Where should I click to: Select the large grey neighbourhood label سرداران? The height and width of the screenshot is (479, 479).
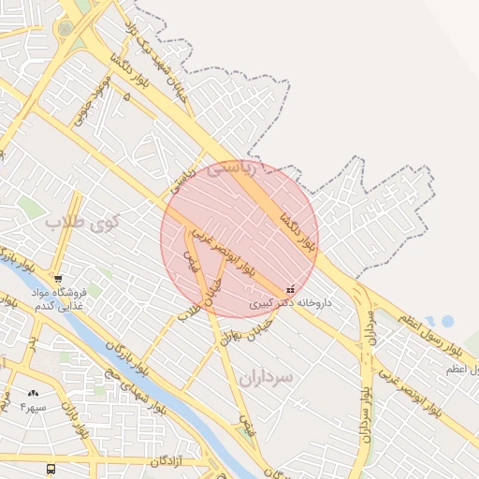266,376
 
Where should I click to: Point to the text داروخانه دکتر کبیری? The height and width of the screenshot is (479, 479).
291,304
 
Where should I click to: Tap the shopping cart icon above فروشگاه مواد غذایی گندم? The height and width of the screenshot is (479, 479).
59,278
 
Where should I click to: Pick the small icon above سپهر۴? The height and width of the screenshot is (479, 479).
35,394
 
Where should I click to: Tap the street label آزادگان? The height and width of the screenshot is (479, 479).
169,462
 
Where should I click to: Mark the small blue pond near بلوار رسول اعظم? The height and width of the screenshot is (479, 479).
446,321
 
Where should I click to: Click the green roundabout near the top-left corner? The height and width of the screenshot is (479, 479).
65,29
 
